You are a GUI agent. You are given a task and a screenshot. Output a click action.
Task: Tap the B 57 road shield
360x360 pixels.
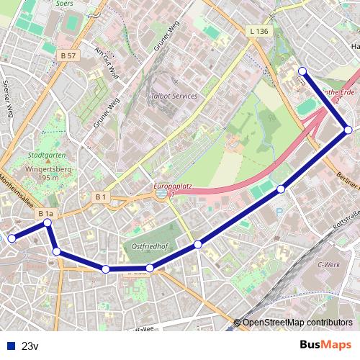click(68, 55)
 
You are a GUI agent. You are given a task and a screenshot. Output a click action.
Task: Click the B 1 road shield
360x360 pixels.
click(101, 197)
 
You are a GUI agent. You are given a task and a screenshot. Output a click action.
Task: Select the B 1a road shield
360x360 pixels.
click(46, 214)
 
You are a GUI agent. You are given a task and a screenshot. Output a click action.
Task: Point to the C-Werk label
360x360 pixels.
click(328, 265)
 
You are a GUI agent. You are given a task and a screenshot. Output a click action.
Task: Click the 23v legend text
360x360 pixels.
click(30, 346)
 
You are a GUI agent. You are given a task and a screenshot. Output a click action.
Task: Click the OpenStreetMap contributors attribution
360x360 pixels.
click(297, 323)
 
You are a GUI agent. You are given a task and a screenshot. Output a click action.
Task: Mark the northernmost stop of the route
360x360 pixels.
click(302, 71)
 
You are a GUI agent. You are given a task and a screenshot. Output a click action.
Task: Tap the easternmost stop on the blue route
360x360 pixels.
click(348, 130)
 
